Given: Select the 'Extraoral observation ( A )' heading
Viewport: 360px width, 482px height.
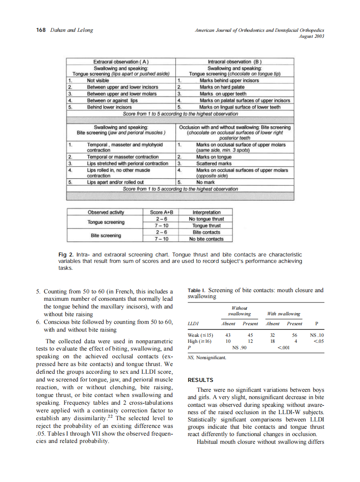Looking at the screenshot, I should (x=121, y=62).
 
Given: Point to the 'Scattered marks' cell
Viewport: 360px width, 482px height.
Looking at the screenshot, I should (x=214, y=163).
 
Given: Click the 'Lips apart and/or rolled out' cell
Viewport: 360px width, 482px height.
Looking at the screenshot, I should (x=115, y=183).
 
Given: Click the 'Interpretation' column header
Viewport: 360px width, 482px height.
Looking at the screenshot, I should (x=206, y=212).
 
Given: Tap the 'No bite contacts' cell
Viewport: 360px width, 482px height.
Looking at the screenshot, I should (x=206, y=239).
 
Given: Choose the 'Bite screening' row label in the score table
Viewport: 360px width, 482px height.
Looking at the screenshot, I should (x=106, y=235).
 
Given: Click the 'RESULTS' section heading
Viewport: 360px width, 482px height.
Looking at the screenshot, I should (x=201, y=380).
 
